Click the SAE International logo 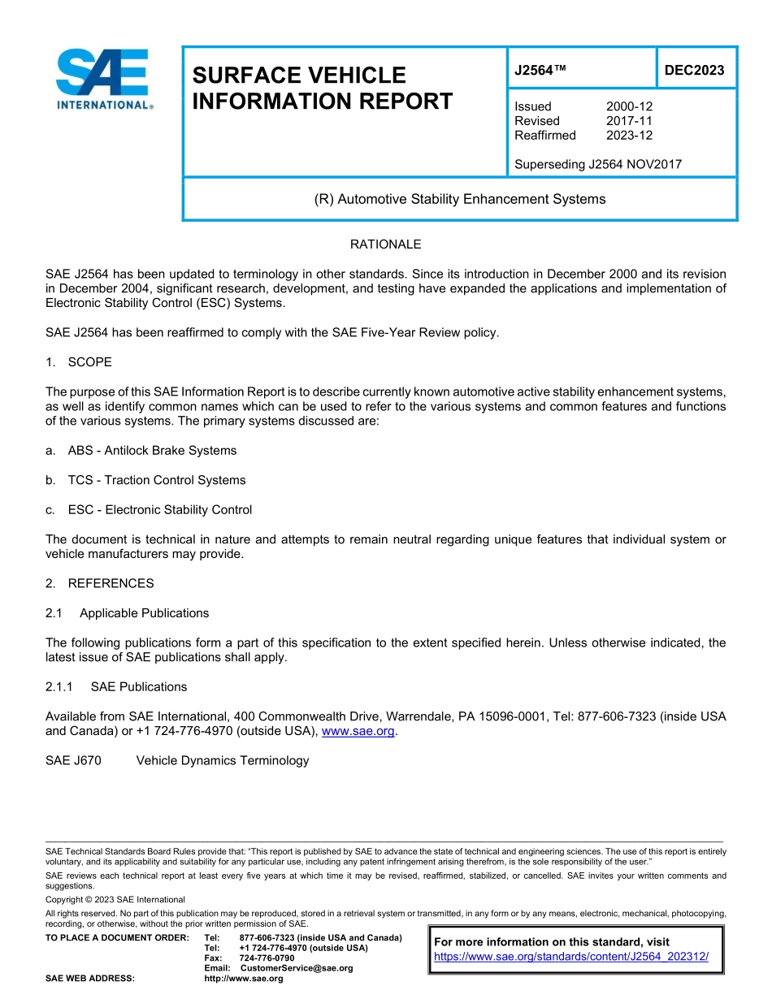103,79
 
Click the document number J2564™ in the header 540,71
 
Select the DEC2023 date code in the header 694,71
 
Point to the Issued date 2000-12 629,106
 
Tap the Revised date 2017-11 629,121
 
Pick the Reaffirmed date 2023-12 629,136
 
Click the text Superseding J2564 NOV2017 598,165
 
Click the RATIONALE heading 385,244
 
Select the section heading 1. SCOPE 79,362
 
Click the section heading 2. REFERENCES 99,583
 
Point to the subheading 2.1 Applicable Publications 128,613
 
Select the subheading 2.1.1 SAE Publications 116,687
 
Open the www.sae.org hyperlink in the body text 358,731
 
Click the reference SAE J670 73,761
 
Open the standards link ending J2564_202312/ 571,957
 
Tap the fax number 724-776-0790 267,958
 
